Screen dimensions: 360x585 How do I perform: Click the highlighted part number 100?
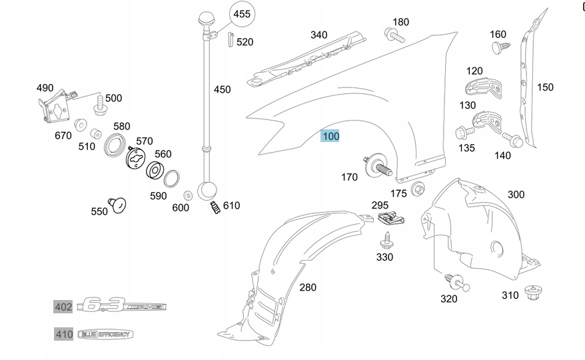[330, 136]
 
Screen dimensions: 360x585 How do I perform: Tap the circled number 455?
[241, 13]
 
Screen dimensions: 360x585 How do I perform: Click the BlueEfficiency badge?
[105, 334]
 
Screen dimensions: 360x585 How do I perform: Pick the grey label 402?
[63, 307]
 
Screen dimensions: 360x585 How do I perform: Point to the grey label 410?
[63, 334]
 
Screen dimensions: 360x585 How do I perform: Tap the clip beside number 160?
[499, 47]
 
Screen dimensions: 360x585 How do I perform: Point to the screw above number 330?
[386, 239]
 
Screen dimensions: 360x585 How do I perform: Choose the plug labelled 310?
[531, 292]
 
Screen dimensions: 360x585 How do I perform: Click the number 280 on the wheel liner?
[308, 287]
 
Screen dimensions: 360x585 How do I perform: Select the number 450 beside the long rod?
[222, 89]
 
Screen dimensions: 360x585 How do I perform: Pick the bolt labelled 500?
[101, 103]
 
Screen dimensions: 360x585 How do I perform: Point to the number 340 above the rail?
[318, 35]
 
